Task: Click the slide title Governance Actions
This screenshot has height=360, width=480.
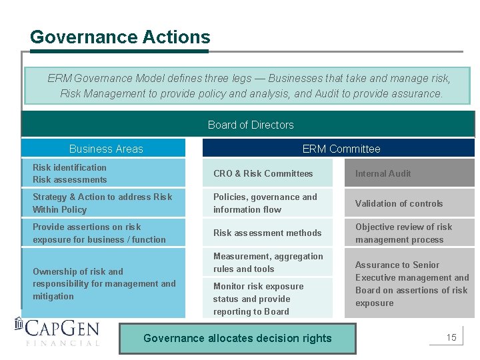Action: pyautogui.click(x=120, y=37)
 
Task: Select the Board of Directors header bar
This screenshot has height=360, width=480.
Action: pyautogui.click(x=250, y=125)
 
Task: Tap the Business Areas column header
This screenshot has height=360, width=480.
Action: pyautogui.click(x=105, y=149)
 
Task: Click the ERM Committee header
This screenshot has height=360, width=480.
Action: pyautogui.click(x=341, y=149)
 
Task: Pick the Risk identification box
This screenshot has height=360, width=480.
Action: pyautogui.click(x=103, y=173)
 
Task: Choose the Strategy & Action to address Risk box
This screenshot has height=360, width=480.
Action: pyautogui.click(x=103, y=203)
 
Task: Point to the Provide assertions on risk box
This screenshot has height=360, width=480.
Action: pyautogui.click(x=103, y=233)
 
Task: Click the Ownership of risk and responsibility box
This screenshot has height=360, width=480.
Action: pyautogui.click(x=103, y=283)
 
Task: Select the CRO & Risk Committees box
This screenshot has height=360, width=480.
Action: pyautogui.click(x=267, y=173)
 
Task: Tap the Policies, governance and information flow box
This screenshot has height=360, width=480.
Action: pyautogui.click(x=267, y=203)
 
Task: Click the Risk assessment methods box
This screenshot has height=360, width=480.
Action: pyautogui.click(x=267, y=233)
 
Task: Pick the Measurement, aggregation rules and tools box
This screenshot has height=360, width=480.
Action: pyautogui.click(x=267, y=263)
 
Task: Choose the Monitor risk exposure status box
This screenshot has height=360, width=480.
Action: pyautogui.click(x=267, y=299)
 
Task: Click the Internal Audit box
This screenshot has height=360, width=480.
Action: pyautogui.click(x=409, y=173)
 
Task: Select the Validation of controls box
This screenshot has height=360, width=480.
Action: pyautogui.click(x=409, y=203)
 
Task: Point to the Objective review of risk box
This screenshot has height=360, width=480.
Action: pyautogui.click(x=409, y=233)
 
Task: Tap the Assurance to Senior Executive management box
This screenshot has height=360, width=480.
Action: pyautogui.click(x=409, y=283)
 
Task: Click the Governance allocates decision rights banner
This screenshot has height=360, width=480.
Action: pyautogui.click(x=237, y=338)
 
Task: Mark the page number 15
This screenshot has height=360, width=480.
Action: pyautogui.click(x=451, y=337)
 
